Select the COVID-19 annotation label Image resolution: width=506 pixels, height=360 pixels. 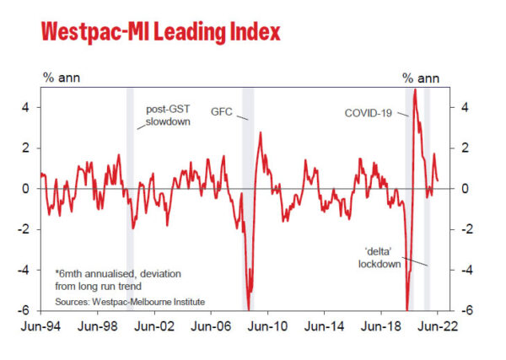369,112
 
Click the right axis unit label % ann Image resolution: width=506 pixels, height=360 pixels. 423,78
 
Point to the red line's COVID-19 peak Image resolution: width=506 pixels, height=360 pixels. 415,89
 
